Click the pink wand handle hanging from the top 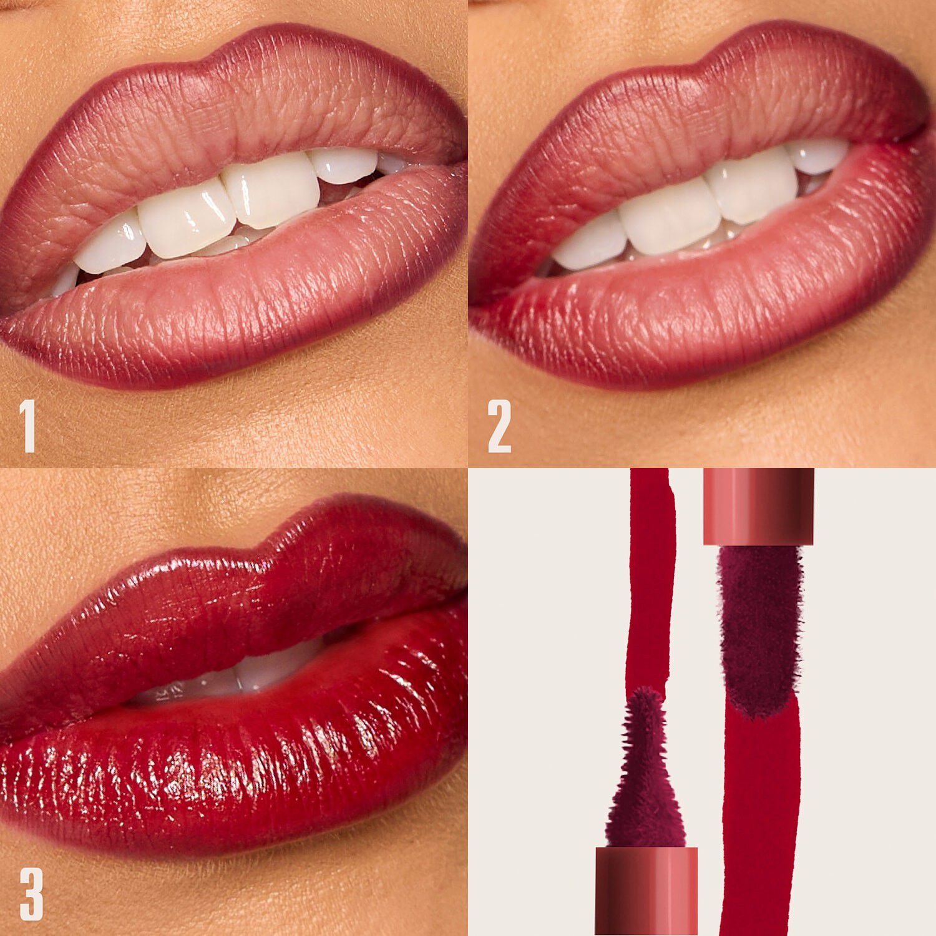point(758,505)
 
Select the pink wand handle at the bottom point(646,889)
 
